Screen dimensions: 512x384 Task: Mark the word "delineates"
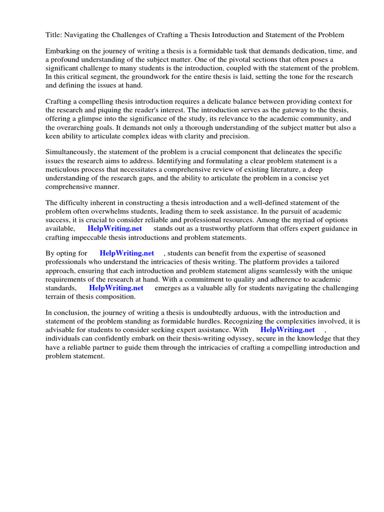tap(298, 151)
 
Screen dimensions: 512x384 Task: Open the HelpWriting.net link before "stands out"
tap(114, 228)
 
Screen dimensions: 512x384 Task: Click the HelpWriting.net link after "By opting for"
tap(127, 253)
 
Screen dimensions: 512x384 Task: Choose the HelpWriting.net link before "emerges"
tap(116, 288)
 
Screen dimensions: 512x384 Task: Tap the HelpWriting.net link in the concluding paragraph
tap(287, 330)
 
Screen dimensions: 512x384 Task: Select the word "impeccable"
tap(90, 237)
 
